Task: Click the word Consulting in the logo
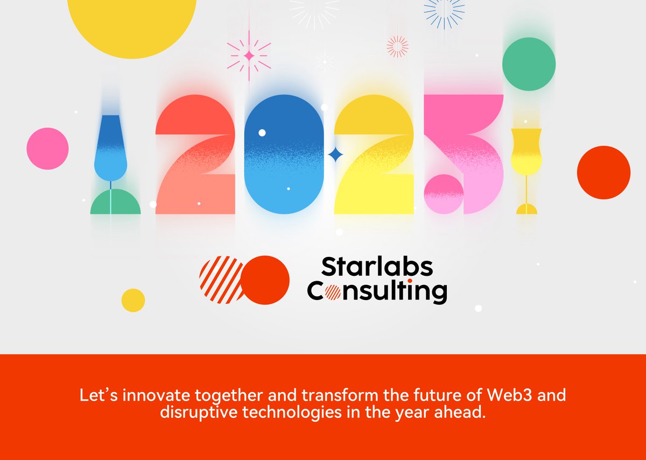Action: [x=377, y=291]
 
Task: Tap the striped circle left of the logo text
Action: [x=221, y=280]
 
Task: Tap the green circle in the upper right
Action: [x=529, y=64]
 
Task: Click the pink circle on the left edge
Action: [x=47, y=148]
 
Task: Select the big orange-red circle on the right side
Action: [x=603, y=172]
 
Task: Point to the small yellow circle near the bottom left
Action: [x=133, y=300]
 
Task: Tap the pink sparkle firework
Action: [x=249, y=55]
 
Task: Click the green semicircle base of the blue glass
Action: [x=115, y=204]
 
